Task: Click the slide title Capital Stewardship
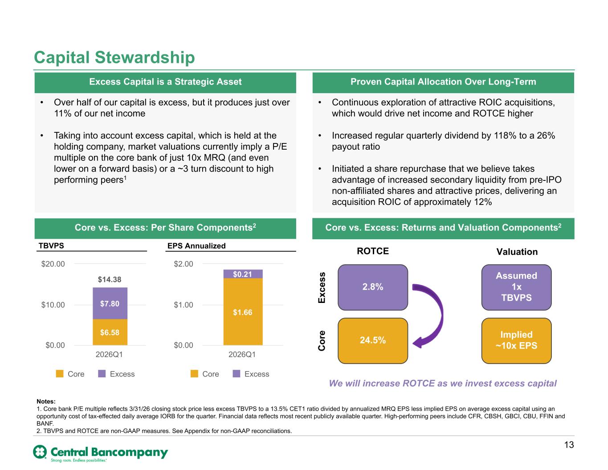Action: (x=114, y=57)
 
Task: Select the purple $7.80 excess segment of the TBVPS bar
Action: (x=110, y=303)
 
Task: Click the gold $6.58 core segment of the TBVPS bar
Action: (x=110, y=332)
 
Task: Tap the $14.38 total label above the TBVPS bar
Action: (x=110, y=279)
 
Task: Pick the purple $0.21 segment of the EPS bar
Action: (x=243, y=274)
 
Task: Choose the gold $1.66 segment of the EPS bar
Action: (x=243, y=312)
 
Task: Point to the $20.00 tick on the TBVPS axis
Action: (x=53, y=264)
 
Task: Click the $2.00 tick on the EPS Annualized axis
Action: (x=183, y=264)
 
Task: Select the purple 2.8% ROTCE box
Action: (x=373, y=287)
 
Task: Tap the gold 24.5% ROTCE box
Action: (x=373, y=341)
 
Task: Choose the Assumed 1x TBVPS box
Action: (x=517, y=287)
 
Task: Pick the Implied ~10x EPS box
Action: (x=517, y=341)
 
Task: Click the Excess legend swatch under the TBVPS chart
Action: (x=102, y=374)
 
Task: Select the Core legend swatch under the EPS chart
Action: (x=194, y=374)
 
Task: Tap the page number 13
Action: (x=569, y=445)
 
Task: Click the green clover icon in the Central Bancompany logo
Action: (x=40, y=452)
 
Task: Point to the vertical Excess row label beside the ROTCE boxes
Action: (x=322, y=288)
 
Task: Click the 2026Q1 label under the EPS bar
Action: (x=242, y=355)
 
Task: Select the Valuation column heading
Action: (x=517, y=252)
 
